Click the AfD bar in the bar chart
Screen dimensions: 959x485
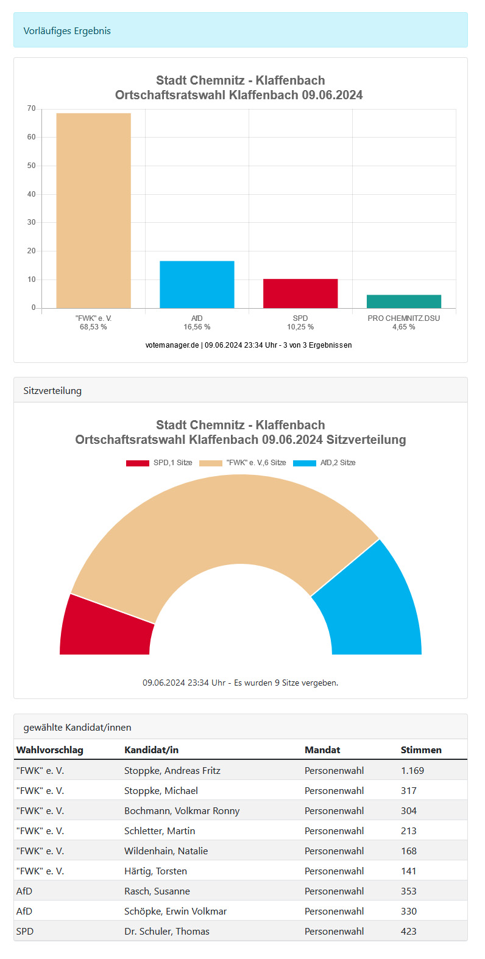tap(197, 284)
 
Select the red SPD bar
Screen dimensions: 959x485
tap(300, 293)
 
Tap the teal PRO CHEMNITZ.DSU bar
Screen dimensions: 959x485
tap(404, 301)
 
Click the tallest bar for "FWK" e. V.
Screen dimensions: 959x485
tap(93, 210)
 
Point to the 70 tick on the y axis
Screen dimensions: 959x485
tap(32, 109)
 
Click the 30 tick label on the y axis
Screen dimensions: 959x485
tap(32, 223)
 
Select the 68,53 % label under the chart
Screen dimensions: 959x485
tap(93, 328)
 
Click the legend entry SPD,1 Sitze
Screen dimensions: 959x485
tap(159, 463)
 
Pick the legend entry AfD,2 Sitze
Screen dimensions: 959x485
tap(324, 463)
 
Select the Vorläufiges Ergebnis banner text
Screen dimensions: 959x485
tap(67, 31)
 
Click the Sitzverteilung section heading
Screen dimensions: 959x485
tap(52, 391)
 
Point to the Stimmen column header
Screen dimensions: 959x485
tap(421, 750)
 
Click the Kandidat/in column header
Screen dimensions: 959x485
tap(151, 750)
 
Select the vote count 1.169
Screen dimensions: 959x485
tap(412, 771)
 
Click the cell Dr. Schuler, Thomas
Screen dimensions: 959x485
tap(167, 932)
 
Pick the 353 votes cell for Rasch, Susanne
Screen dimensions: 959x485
tap(409, 891)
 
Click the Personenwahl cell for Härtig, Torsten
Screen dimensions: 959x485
tap(335, 871)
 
